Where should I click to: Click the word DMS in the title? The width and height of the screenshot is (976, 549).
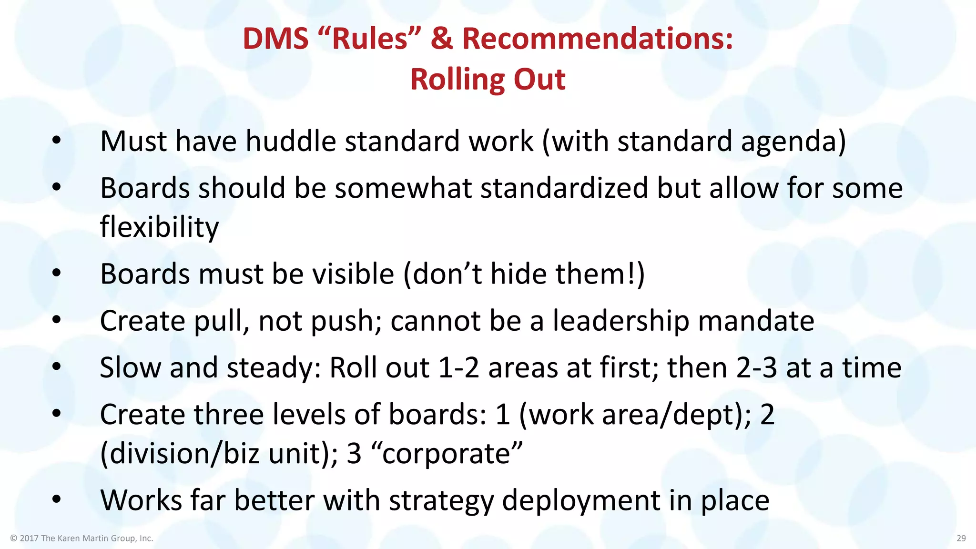click(275, 39)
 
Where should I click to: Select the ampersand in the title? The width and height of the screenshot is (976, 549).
click(441, 39)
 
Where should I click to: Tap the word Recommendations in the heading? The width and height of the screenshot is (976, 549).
click(598, 39)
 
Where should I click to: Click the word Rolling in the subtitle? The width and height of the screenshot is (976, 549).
click(451, 79)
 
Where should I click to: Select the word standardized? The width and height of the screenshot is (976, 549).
click(564, 188)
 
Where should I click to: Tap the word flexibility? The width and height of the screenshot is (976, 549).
click(159, 227)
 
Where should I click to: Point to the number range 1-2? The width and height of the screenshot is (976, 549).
click(458, 368)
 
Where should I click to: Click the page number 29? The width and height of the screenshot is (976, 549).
click(961, 538)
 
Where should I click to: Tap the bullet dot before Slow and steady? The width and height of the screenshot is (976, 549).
click(57, 367)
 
